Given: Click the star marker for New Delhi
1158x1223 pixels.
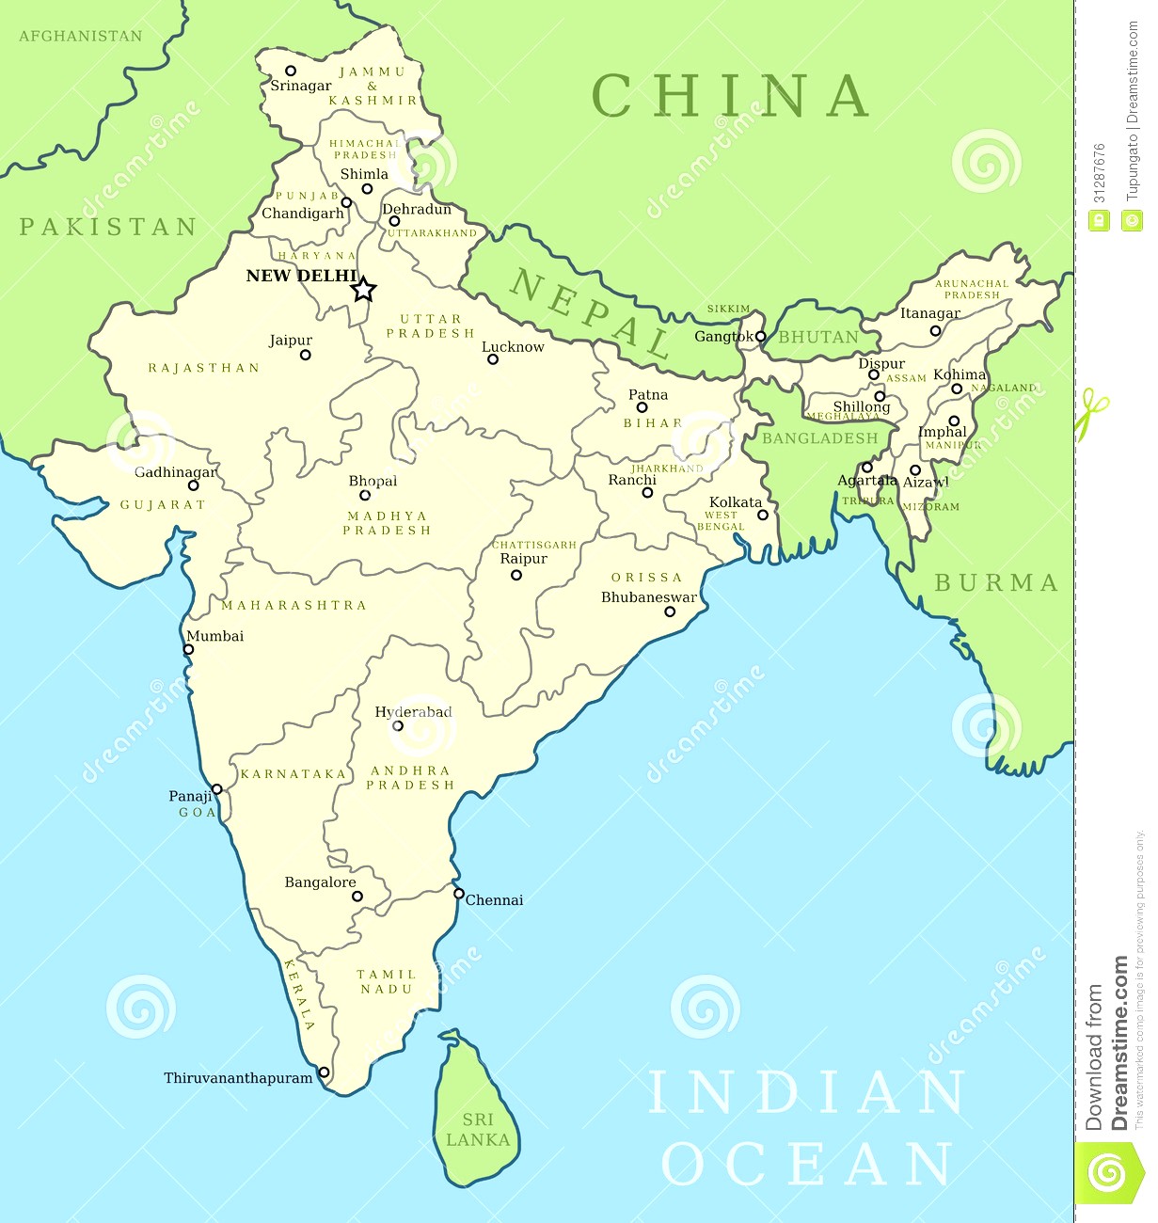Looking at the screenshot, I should coord(364,290).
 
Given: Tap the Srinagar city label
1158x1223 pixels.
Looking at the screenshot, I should coord(300,86).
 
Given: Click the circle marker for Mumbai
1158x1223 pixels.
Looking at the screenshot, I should coord(189,649).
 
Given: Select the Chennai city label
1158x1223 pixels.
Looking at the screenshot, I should coord(494,900).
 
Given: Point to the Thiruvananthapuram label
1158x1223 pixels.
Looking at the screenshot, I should coord(238,1078).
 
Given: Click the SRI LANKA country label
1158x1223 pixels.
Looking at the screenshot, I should coord(478,1130).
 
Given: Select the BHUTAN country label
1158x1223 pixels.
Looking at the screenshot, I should coord(817,337).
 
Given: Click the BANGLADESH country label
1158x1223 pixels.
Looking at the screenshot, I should coord(819,438).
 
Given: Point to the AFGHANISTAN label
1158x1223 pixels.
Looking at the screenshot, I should coord(81,36).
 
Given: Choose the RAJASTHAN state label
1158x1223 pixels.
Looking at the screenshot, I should coord(204,368).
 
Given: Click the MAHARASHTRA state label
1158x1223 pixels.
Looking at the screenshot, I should coord(293,605).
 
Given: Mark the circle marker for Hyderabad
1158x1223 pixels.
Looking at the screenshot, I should coord(398,726).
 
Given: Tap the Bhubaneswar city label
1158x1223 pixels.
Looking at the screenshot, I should coord(649,597).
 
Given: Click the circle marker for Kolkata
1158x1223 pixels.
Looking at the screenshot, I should coord(763,515).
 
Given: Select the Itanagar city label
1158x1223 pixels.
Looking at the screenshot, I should coord(930,313).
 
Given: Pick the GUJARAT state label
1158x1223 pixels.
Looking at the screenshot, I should coord(163,505).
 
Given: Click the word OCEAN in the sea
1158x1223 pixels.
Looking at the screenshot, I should coord(806,1165).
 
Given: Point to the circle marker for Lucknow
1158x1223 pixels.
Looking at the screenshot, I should coord(493,359).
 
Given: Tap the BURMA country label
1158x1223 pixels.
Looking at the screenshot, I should coord(996,583).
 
